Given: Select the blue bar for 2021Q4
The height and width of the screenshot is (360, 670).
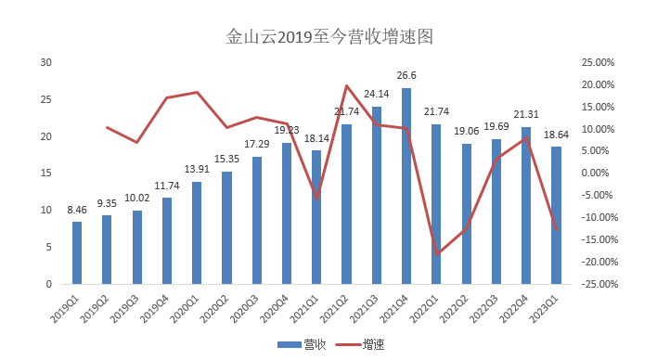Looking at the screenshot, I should click(x=406, y=186).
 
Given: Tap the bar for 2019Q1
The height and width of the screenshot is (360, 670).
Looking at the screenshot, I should click(x=77, y=253).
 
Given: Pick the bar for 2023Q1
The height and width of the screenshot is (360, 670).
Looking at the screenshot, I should click(x=556, y=215).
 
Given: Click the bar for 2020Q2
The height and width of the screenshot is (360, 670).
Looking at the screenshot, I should click(x=226, y=227).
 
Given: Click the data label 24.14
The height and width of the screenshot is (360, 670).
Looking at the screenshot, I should click(x=377, y=94).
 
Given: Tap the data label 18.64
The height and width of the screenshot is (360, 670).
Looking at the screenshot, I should click(x=556, y=135).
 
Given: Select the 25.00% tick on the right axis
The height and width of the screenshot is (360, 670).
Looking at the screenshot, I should click(x=598, y=62).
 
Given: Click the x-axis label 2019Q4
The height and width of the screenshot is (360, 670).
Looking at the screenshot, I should click(x=158, y=306).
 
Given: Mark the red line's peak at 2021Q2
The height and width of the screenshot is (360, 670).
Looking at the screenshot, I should click(x=346, y=86).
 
